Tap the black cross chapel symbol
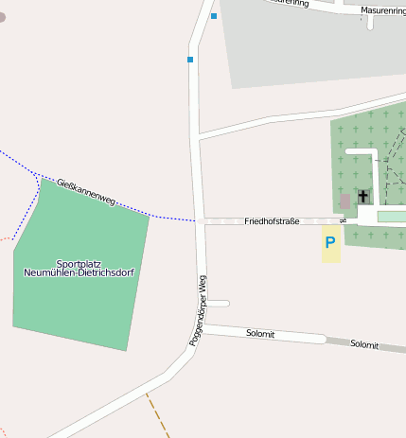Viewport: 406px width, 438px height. tap(363, 197)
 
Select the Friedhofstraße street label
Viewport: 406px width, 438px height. tap(272, 221)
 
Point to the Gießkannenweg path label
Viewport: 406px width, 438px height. tap(86, 192)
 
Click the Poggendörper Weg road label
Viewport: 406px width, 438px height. tap(198, 310)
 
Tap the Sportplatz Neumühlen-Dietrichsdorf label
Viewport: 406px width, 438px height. tap(80, 268)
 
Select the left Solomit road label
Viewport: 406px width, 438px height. tap(260, 334)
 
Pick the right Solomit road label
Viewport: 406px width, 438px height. tap(364, 344)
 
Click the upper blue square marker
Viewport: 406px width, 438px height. tap(214, 16)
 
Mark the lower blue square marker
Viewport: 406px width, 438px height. tap(190, 60)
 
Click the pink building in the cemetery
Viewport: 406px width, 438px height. tap(344, 201)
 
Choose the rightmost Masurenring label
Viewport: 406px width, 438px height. tap(383, 10)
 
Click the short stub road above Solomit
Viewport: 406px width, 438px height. tap(218, 304)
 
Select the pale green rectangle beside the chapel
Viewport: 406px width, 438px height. tap(391, 217)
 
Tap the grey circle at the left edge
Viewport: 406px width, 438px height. tap(2, 17)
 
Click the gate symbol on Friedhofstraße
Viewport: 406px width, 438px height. tap(344, 220)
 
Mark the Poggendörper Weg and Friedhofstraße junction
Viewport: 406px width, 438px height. tap(201, 221)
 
